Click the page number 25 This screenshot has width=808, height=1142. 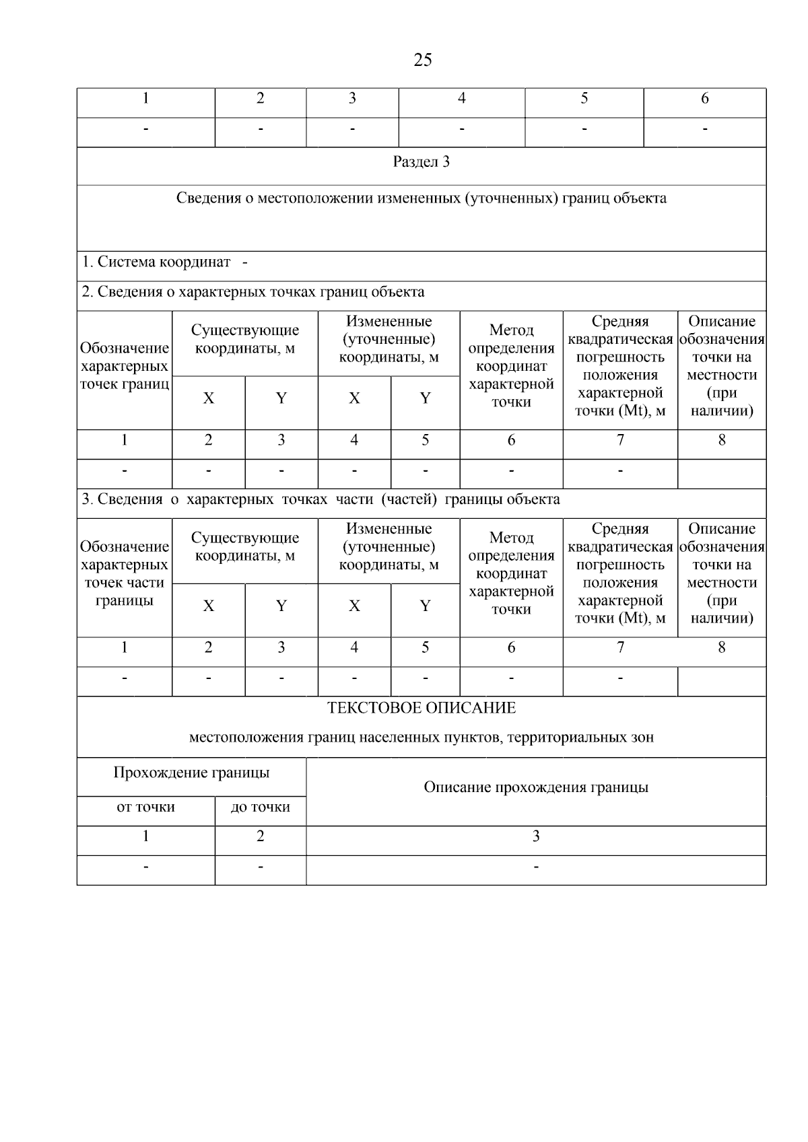click(422, 61)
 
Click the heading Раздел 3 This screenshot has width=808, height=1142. click(422, 162)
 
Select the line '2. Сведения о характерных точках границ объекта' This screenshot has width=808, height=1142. click(253, 292)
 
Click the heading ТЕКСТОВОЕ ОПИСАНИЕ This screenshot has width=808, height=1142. click(422, 708)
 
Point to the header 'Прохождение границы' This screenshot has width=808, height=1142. click(191, 773)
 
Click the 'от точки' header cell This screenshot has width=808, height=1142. click(145, 807)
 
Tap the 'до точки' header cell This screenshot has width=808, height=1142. click(261, 807)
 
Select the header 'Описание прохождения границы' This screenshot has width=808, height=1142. click(536, 787)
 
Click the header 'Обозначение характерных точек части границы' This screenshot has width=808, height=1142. click(124, 573)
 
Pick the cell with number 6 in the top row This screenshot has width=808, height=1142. click(704, 99)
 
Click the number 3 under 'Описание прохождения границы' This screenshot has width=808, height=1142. click(536, 836)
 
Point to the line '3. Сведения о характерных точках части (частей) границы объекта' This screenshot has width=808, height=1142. click(321, 499)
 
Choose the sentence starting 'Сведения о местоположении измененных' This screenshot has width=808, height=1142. click(422, 199)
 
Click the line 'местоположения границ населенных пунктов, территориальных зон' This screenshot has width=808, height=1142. click(422, 738)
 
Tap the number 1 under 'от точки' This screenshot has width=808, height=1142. click(145, 836)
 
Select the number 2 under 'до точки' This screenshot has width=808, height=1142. click(261, 836)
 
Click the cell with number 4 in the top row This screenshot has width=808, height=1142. click(462, 99)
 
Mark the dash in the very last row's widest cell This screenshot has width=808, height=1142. click(536, 867)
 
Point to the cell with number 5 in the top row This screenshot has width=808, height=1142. click(584, 99)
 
